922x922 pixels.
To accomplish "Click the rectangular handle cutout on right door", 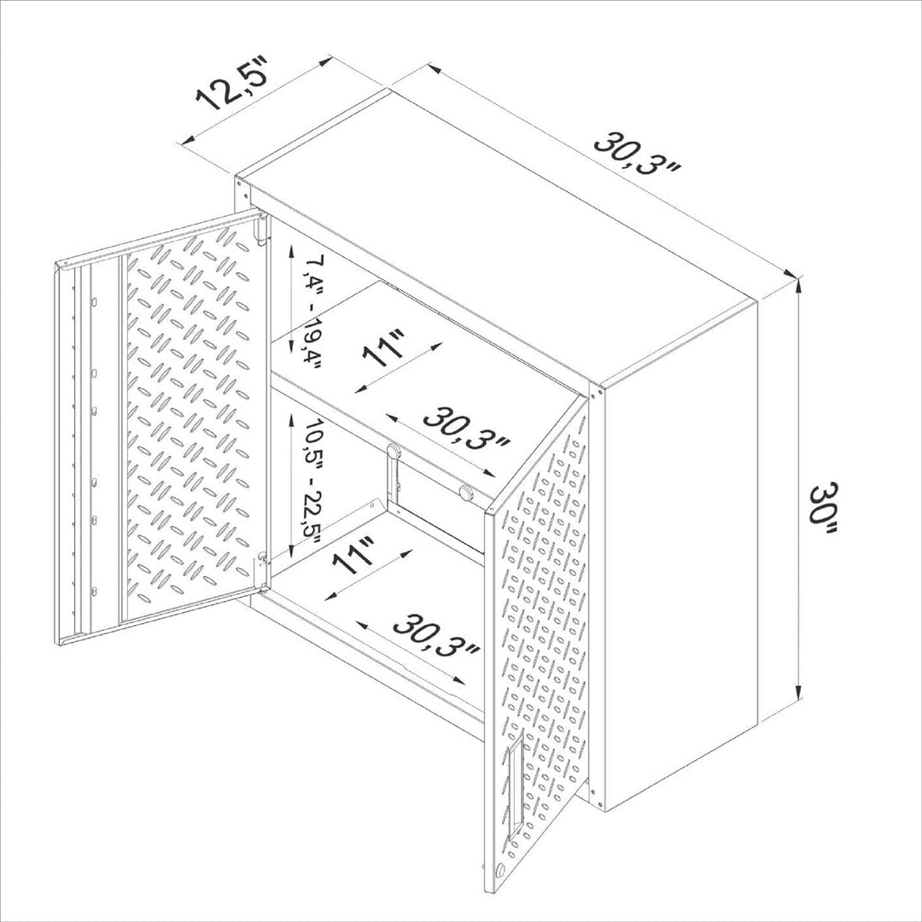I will [x=514, y=783].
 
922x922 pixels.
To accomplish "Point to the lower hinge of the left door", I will [x=263, y=559].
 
